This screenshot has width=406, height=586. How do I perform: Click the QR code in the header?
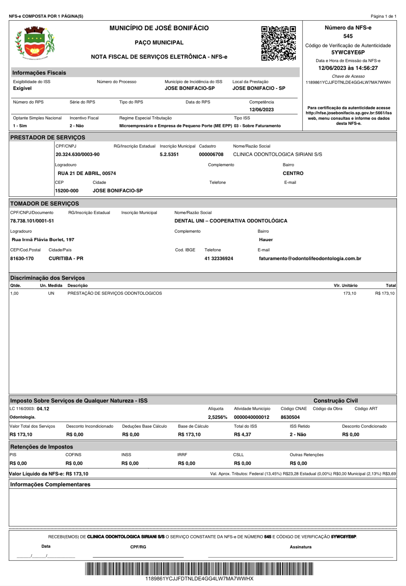pyautogui.click(x=278, y=43)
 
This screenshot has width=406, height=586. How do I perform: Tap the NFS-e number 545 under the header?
pyautogui.click(x=348, y=36)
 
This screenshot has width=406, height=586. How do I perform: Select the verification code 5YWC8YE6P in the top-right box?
pyautogui.click(x=348, y=53)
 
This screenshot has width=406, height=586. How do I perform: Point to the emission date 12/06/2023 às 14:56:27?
pyautogui.click(x=348, y=68)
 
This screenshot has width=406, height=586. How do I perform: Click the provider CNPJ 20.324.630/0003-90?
pyautogui.click(x=78, y=155)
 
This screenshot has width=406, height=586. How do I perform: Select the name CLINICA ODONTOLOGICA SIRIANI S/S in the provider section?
pyautogui.click(x=277, y=155)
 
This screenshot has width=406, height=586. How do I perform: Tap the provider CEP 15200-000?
pyautogui.click(x=67, y=191)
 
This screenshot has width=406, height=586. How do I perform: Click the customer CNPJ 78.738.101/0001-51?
pyautogui.click(x=32, y=221)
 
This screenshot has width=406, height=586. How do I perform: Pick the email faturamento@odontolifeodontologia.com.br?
pyautogui.click(x=310, y=259)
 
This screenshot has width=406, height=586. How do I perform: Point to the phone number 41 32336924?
pyautogui.click(x=219, y=259)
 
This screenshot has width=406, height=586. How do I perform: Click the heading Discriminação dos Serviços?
pyautogui.click(x=47, y=278)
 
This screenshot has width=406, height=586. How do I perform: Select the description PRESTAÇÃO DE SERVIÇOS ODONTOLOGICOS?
pyautogui.click(x=115, y=294)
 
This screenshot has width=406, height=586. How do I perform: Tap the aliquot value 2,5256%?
pyautogui.click(x=217, y=417)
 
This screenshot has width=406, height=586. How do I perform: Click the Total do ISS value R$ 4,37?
pyautogui.click(x=243, y=435)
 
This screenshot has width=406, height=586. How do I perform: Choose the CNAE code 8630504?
pyautogui.click(x=290, y=417)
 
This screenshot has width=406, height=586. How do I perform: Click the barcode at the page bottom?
pyautogui.click(x=199, y=569)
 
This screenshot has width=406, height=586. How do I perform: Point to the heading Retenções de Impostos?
pyautogui.click(x=41, y=447)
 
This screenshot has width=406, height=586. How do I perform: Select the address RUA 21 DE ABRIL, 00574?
pyautogui.click(x=87, y=174)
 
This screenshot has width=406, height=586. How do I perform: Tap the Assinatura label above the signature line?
pyautogui.click(x=301, y=547)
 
